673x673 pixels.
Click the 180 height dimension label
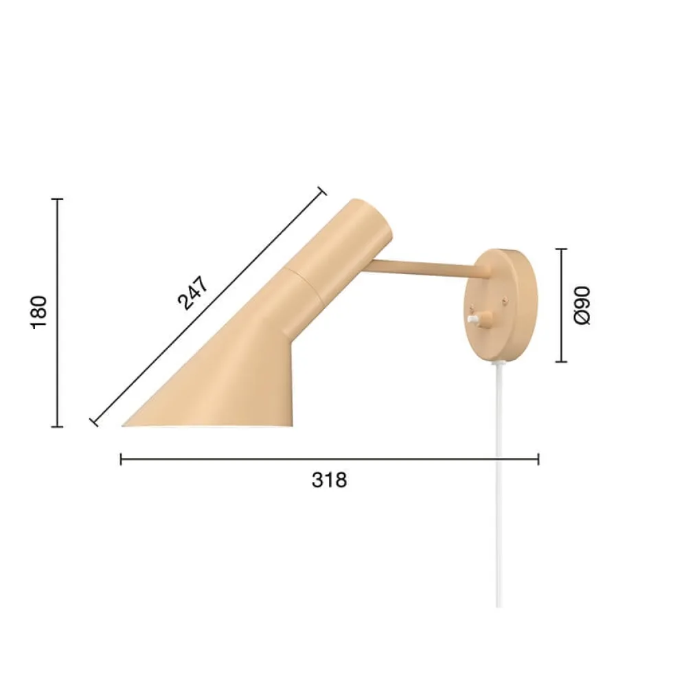38,312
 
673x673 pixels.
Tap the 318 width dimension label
329,480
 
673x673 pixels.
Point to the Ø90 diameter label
582,306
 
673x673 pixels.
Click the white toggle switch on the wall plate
474,319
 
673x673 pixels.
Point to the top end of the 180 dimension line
57,199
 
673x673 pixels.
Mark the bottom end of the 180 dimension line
57,426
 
